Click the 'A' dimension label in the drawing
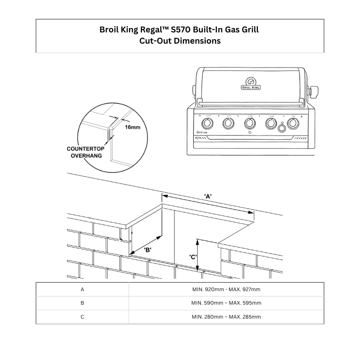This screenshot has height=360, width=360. (208, 196)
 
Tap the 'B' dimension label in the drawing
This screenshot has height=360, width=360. (148, 249)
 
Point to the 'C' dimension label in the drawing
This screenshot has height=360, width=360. (193, 257)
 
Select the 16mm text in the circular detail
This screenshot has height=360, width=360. (132, 127)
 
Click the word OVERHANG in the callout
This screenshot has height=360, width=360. (85, 155)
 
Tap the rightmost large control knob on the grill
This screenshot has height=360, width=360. (293, 123)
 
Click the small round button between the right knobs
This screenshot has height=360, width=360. (282, 128)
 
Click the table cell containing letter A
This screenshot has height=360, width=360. (82, 289)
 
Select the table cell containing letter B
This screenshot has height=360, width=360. (82, 303)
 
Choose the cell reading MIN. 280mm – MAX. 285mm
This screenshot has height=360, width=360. (226, 317)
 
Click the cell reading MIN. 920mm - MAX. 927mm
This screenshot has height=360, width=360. (226, 289)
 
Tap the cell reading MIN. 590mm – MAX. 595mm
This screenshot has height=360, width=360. (226, 303)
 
